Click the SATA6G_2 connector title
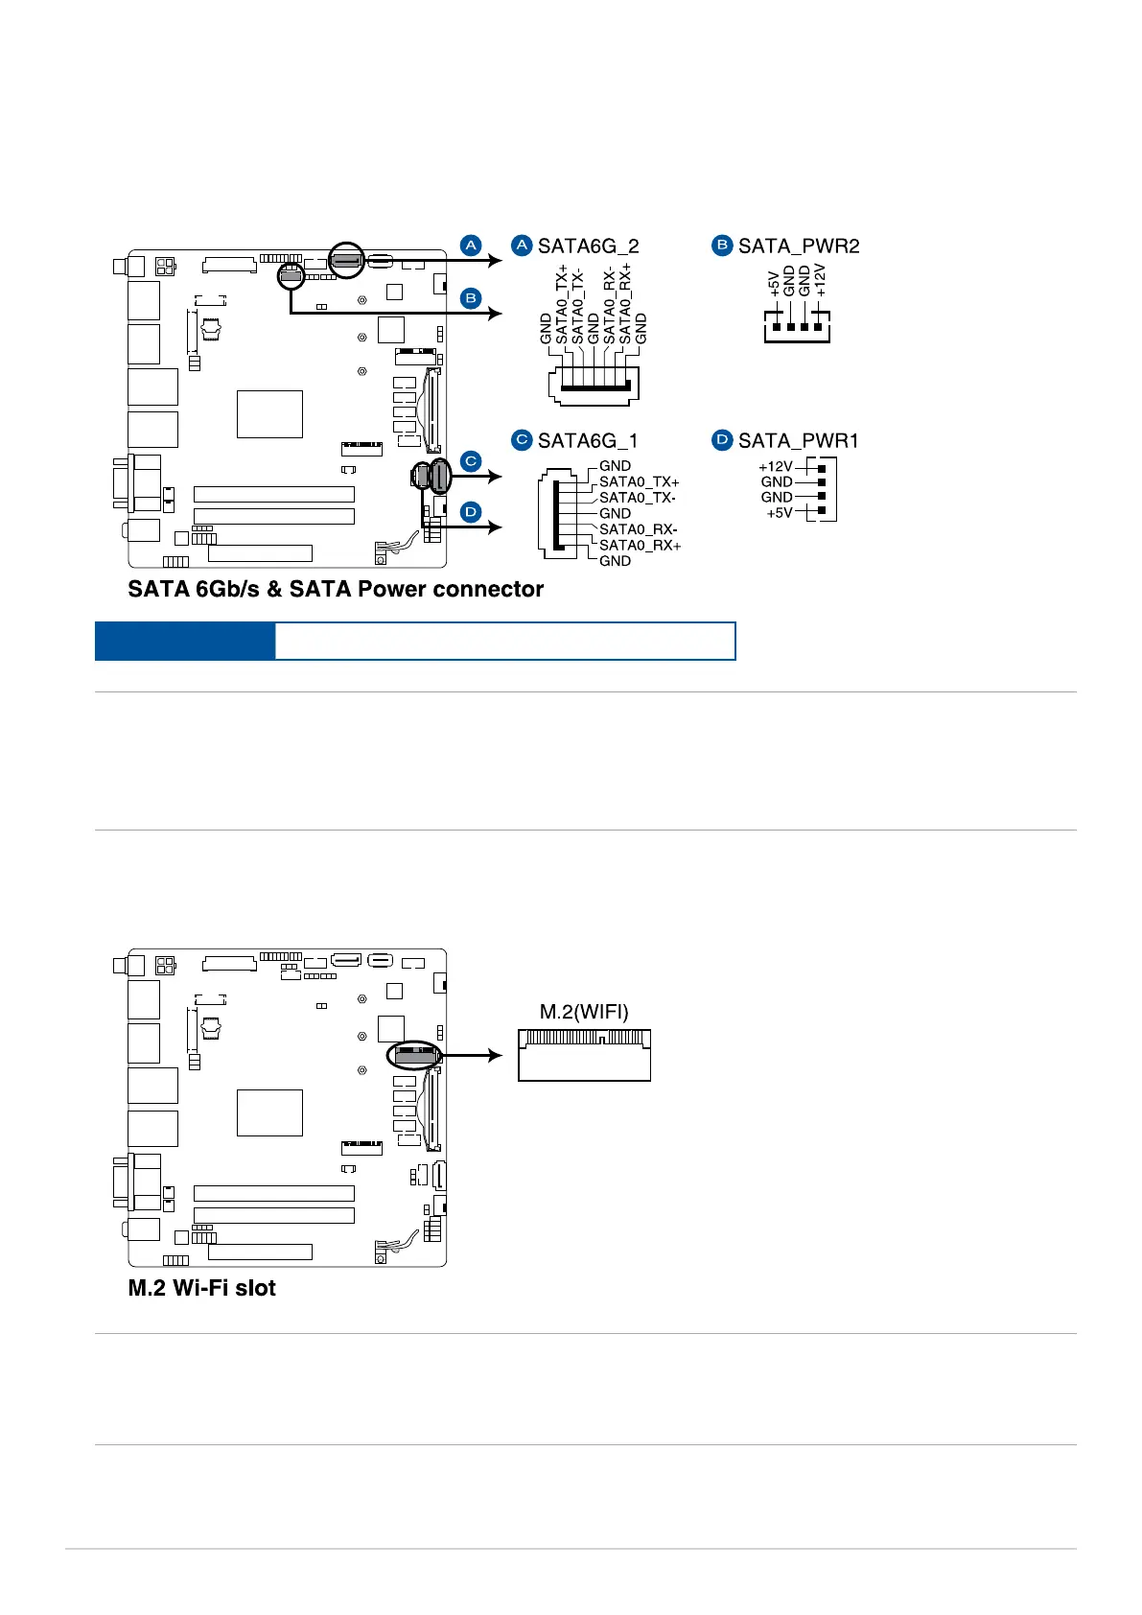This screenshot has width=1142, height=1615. point(588,246)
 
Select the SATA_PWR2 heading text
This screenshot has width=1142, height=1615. point(798,246)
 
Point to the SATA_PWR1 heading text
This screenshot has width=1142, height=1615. point(798,441)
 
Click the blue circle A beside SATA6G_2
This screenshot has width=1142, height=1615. point(522,246)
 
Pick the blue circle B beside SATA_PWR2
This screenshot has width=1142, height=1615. point(722,246)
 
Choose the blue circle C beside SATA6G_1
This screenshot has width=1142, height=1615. point(522,440)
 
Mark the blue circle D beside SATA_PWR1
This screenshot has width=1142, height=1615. point(722,440)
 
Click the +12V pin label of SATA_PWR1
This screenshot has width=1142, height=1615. point(776,467)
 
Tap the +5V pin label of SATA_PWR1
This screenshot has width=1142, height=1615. point(780,513)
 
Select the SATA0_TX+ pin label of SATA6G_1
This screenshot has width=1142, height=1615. point(639,482)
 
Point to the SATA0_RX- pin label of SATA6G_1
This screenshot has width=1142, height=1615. point(638,529)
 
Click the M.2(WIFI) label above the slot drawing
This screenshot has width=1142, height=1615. point(584,1012)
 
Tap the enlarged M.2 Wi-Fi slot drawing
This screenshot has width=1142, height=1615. point(584,1056)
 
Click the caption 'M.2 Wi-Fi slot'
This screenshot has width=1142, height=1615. point(201,1288)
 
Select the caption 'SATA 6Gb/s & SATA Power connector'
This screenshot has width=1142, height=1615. point(336,589)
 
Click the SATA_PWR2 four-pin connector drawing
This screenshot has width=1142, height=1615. point(797,326)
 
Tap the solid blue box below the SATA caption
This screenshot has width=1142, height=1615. point(184,641)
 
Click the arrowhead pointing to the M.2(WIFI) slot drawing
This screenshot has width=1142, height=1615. point(495,1056)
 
